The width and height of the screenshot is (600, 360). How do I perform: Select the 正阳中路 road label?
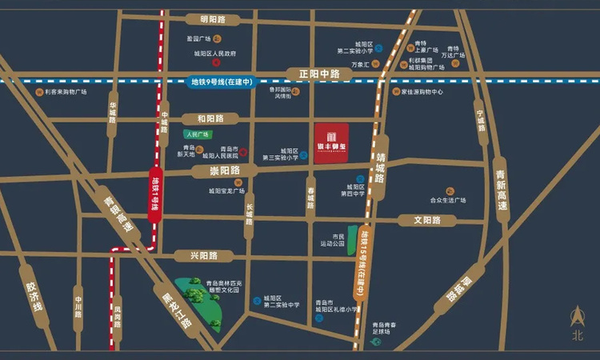tap(319, 74)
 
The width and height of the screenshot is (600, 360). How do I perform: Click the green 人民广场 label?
tap(196, 134)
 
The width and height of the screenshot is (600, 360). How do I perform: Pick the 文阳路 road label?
tap(428, 220)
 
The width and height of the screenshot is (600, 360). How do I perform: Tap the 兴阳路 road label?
tap(205, 255)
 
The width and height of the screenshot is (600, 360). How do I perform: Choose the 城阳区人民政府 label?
tap(215, 54)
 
